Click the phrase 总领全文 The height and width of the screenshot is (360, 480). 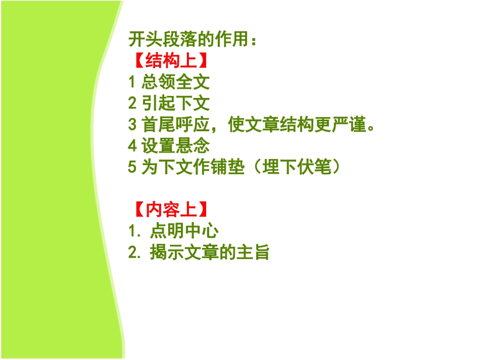pyautogui.click(x=175, y=82)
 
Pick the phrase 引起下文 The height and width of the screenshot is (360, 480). pyautogui.click(x=175, y=104)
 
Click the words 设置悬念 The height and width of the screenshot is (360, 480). pyautogui.click(x=175, y=146)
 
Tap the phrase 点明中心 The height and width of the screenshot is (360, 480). pyautogui.click(x=184, y=231)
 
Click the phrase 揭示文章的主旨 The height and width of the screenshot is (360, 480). pyautogui.click(x=209, y=252)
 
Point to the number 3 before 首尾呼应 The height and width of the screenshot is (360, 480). pyautogui.click(x=132, y=125)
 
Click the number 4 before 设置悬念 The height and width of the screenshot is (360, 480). pyautogui.click(x=132, y=147)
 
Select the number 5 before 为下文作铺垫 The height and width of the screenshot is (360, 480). pyautogui.click(x=132, y=168)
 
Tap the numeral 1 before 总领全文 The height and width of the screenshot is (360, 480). pyautogui.click(x=132, y=82)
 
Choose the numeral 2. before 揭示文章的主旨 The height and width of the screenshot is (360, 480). pyautogui.click(x=135, y=253)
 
